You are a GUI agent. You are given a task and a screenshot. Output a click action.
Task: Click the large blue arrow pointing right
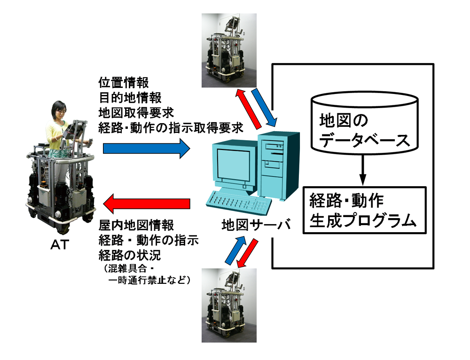(x=146, y=149)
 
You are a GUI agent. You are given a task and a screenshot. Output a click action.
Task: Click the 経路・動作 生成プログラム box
(x=365, y=210)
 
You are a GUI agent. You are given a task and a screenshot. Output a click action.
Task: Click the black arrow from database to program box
(x=362, y=171)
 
